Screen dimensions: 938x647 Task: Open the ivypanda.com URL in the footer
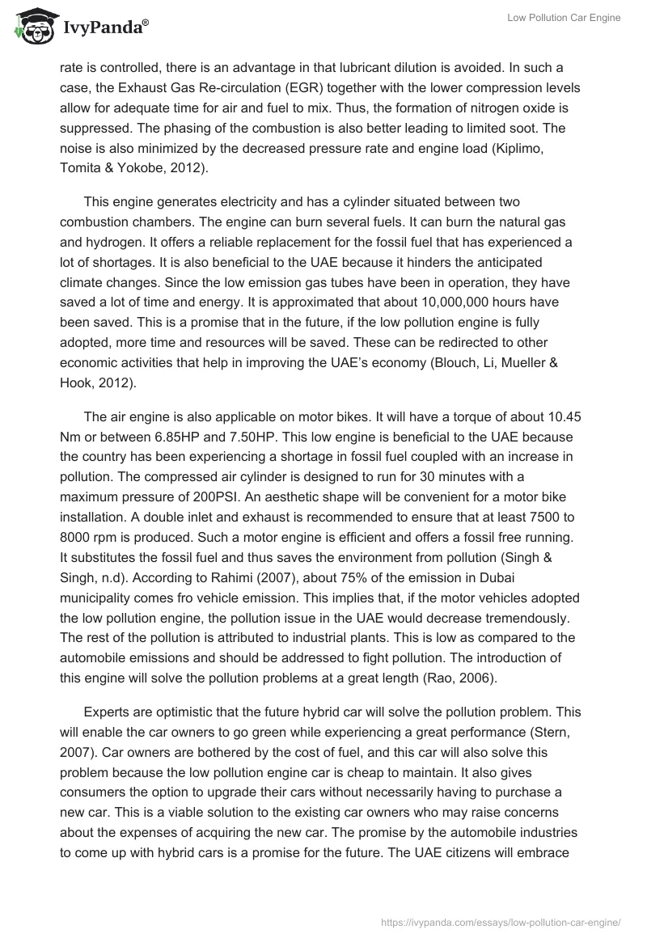500,922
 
